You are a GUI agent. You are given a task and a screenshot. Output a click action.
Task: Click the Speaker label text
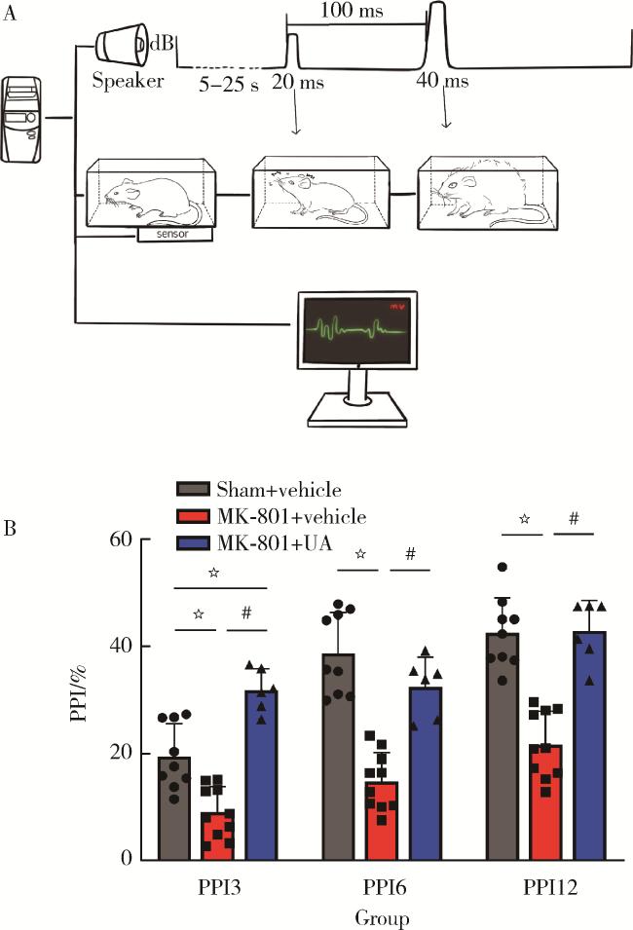(x=127, y=82)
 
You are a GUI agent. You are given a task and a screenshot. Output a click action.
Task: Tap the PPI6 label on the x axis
(x=381, y=889)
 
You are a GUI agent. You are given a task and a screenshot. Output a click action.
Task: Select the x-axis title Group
(x=382, y=916)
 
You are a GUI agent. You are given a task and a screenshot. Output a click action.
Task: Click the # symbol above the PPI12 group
(x=574, y=520)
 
